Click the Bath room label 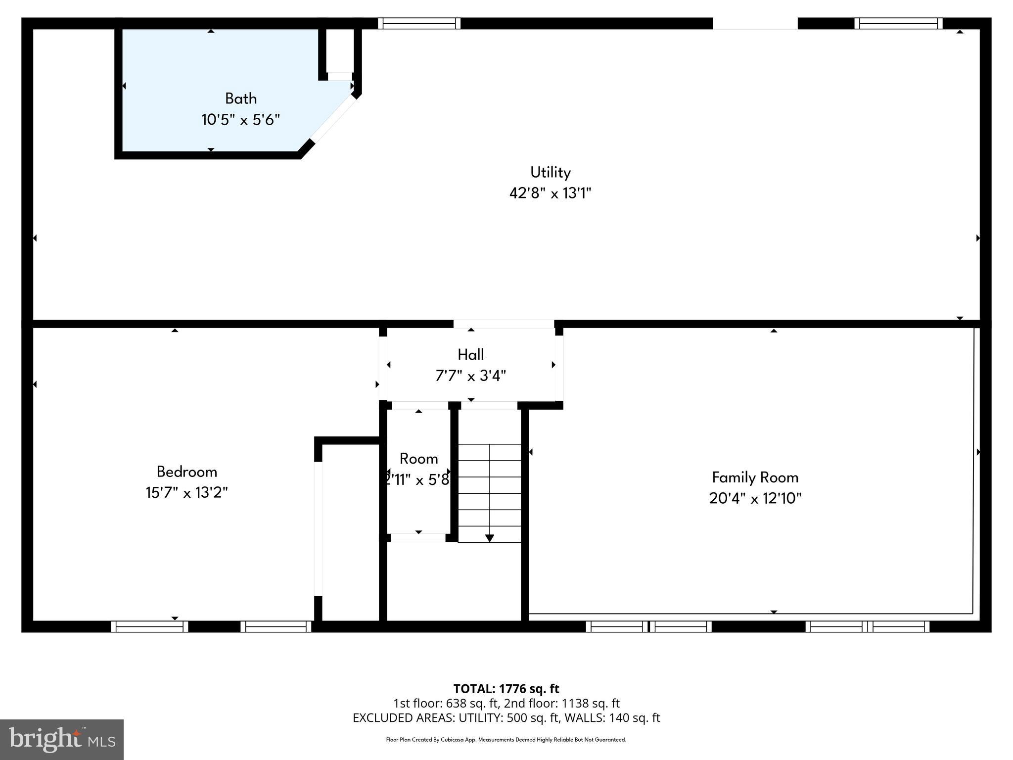point(241,98)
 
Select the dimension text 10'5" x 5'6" point(240,120)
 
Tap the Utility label point(550,172)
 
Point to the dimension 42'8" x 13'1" point(550,193)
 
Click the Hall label point(470,354)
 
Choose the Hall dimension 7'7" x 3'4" point(470,376)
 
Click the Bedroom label point(186,472)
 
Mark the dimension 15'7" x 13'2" point(186,493)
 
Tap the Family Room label point(755,477)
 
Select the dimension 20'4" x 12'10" point(755,498)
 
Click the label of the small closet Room point(418,459)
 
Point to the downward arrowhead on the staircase point(489,538)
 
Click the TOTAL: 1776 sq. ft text point(506,689)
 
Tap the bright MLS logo point(62,739)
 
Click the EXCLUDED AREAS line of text point(506,718)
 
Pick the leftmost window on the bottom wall point(149,626)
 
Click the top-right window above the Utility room point(898,23)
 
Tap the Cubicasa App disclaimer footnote point(506,740)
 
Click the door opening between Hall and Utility point(504,324)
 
